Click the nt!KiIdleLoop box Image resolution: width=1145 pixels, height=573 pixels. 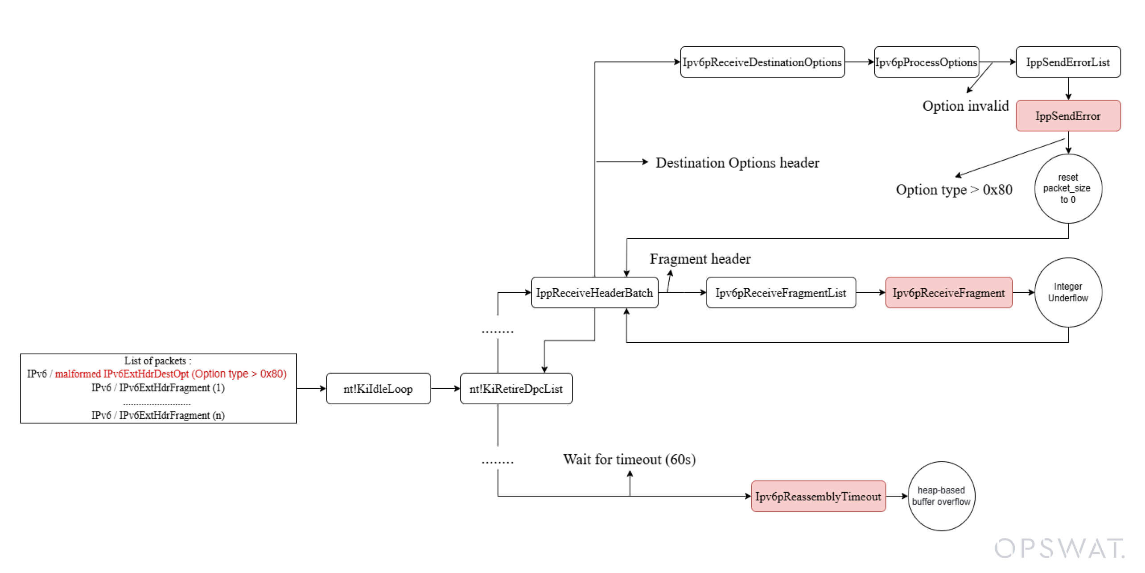tap(378, 389)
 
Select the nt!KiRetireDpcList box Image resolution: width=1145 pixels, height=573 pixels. tap(516, 389)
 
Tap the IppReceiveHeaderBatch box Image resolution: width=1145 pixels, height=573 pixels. tap(594, 293)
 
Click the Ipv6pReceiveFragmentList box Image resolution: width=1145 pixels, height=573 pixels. tap(781, 293)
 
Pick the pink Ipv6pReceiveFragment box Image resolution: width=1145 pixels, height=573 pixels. tap(948, 293)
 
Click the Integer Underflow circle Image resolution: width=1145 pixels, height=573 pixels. tap(1068, 292)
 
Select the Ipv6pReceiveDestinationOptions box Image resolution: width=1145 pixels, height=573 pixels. tap(762, 62)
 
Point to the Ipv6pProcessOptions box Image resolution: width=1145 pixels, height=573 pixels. tap(926, 62)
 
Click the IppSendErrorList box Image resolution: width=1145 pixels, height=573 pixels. tap(1068, 62)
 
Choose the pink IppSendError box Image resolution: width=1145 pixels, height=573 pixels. tap(1068, 116)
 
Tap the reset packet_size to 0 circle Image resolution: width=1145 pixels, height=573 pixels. tap(1068, 188)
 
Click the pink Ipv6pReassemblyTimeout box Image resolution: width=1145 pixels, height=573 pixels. tap(818, 496)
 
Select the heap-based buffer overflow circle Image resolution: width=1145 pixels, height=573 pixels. tap(941, 496)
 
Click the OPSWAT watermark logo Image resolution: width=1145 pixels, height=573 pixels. tap(1059, 548)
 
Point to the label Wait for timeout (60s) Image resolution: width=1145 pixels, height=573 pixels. tap(629, 459)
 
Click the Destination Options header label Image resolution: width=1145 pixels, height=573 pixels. tap(737, 163)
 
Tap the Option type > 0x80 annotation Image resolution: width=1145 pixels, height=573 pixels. tap(954, 190)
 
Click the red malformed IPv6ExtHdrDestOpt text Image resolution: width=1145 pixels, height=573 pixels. tap(171, 374)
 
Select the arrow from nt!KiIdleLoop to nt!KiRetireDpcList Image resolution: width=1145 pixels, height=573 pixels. tap(445, 389)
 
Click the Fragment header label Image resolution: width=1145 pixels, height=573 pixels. tap(700, 259)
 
